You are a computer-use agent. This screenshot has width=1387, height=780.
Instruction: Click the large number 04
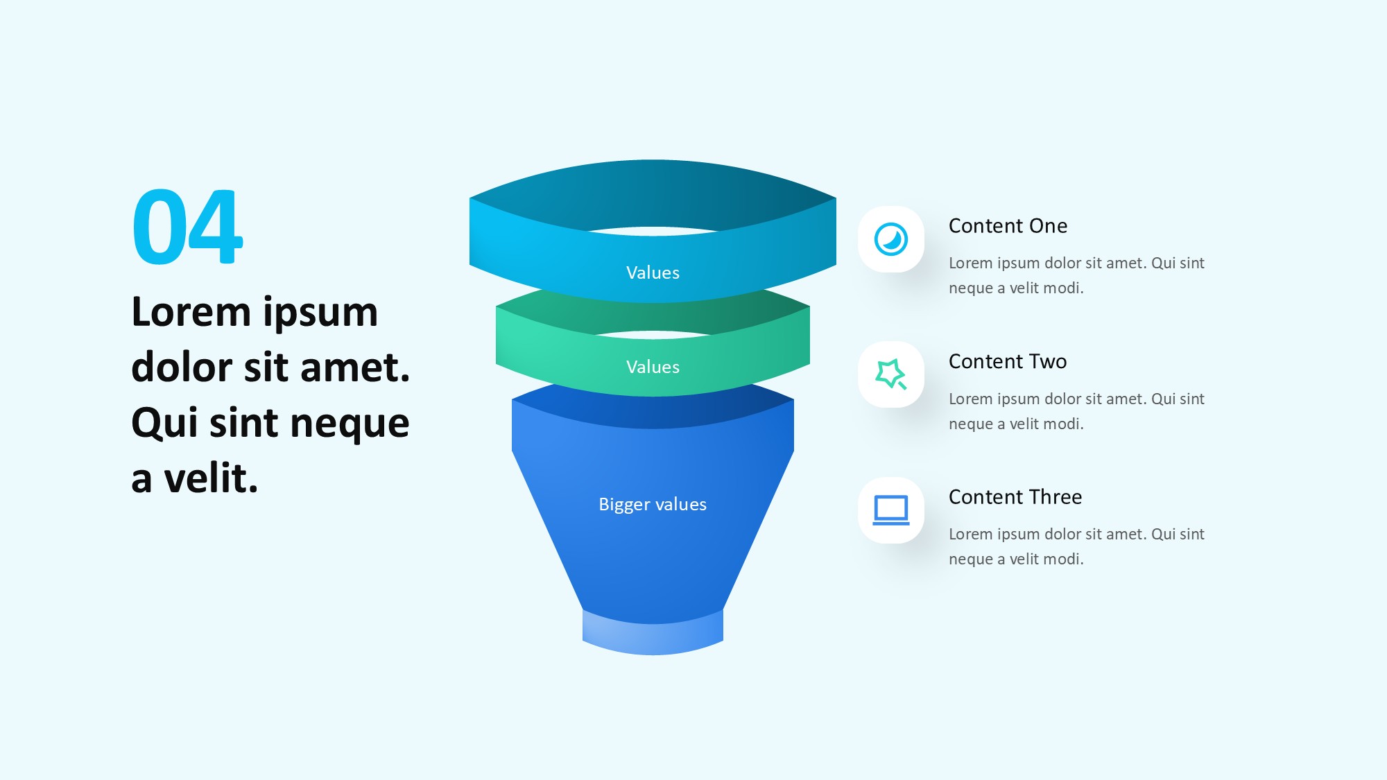187,227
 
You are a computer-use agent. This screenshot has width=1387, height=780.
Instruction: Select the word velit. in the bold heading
211,478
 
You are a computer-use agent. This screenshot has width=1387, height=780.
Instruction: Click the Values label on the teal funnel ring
653,272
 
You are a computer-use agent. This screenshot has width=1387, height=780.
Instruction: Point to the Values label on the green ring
653,367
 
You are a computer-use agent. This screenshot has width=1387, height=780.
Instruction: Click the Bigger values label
653,504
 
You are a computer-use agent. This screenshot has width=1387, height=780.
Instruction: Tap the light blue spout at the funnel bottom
653,632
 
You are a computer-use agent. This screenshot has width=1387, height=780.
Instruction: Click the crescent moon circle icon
891,239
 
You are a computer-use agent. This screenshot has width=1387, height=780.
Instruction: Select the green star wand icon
891,374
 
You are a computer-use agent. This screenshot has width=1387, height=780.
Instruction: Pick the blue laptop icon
891,510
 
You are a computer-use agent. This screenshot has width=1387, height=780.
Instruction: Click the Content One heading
1008,226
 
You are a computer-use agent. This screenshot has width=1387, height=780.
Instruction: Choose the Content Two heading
1008,361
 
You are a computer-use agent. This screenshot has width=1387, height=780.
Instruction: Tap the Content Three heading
1015,497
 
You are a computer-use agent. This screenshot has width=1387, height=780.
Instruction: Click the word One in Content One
1049,226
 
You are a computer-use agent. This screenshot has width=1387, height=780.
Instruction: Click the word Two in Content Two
1048,361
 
